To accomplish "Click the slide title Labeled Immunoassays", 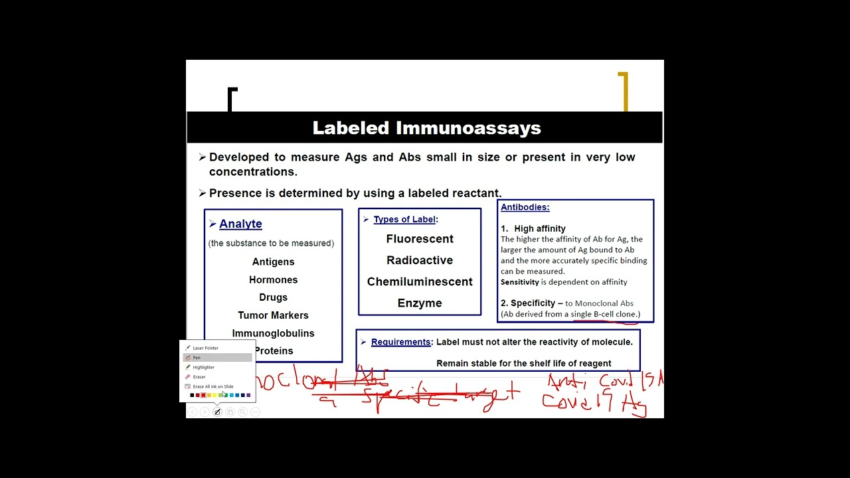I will pos(426,128).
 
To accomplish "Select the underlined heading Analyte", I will pos(240,224).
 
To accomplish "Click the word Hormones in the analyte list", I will pos(273,279).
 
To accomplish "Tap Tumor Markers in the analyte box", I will pos(273,315).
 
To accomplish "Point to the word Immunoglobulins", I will pos(273,333).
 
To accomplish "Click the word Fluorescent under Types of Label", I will pos(420,239).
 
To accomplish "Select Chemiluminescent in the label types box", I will pos(420,281).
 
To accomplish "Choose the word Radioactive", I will pos(420,260).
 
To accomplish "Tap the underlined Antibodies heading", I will pos(525,207).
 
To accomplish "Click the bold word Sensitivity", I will pos(520,282).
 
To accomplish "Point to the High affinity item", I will pos(539,228).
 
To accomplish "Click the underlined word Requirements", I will pos(400,342).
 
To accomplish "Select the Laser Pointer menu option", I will pos(205,348).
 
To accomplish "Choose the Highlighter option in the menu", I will pos(203,367).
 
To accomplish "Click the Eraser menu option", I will pos(199,377).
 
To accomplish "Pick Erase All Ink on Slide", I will pos(212,386).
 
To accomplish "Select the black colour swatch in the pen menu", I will pos(192,396).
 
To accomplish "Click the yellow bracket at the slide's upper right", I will pos(624,91).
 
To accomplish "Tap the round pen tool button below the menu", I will pos(216,412).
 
